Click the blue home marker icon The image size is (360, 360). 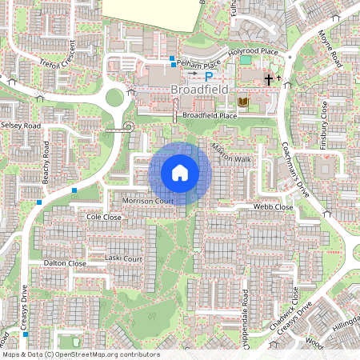pyautogui.click(x=180, y=173)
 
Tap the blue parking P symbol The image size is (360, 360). pyautogui.click(x=210, y=76)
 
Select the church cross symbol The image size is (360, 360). pyautogui.click(x=270, y=78)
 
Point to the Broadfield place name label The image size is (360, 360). pyautogui.click(x=199, y=90)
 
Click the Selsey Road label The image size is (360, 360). pyautogui.click(x=21, y=126)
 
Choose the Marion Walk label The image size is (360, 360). pyautogui.click(x=231, y=152)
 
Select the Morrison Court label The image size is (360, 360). pyautogui.click(x=148, y=200)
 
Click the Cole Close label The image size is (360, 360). pyautogui.click(x=103, y=217)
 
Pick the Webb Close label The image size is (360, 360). pyautogui.click(x=274, y=207)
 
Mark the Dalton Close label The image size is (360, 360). pyautogui.click(x=66, y=263)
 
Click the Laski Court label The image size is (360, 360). pyautogui.click(x=123, y=258)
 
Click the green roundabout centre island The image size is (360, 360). pyautogui.click(x=114, y=98)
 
